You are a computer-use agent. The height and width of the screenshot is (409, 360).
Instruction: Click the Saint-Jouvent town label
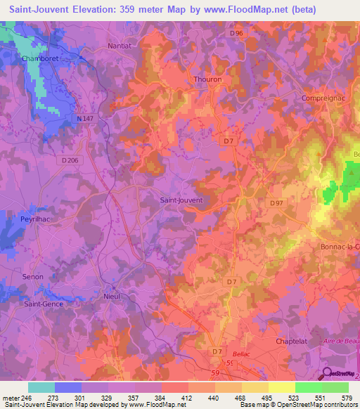pyautogui.click(x=181, y=200)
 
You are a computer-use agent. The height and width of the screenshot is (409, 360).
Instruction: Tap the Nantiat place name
pyautogui.click(x=120, y=46)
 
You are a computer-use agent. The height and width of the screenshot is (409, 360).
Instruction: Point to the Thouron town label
pyautogui.click(x=207, y=79)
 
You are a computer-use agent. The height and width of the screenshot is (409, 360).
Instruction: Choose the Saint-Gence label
pyautogui.click(x=44, y=304)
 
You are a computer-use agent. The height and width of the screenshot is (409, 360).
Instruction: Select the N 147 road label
pyautogui.click(x=85, y=119)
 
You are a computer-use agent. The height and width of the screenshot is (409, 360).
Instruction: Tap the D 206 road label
pyautogui.click(x=70, y=160)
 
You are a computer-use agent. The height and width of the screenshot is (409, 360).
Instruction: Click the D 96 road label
pyautogui.click(x=236, y=33)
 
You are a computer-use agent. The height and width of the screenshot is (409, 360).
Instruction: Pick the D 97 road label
pyautogui.click(x=276, y=203)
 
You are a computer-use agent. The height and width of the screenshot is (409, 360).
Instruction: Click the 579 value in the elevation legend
pyautogui.click(x=347, y=398)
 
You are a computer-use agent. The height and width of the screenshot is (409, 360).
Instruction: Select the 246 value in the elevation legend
pyautogui.click(x=27, y=398)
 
